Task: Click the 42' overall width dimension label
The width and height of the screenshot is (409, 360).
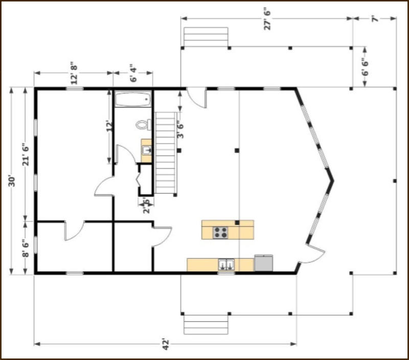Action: [166, 344]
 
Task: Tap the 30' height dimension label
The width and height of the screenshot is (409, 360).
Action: [12, 182]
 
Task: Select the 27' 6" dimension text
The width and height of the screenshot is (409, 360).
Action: [267, 20]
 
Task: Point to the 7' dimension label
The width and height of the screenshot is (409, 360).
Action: [375, 19]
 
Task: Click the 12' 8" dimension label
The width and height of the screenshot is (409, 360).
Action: [74, 73]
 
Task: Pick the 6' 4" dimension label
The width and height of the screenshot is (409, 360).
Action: [133, 73]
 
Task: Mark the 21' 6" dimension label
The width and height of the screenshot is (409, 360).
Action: [26, 154]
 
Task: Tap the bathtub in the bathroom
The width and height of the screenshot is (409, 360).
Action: [133, 99]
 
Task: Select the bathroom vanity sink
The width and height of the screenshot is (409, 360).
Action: [147, 150]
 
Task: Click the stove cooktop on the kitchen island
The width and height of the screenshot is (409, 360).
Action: [220, 233]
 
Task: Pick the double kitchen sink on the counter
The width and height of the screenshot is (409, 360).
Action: [226, 264]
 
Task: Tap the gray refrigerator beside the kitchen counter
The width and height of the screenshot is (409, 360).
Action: [263, 263]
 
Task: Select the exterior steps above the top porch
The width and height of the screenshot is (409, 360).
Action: [206, 37]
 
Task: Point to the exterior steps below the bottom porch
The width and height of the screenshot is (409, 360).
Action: [206, 325]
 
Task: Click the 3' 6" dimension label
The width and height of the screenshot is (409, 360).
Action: [180, 130]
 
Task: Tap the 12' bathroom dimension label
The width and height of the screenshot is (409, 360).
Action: [109, 126]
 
